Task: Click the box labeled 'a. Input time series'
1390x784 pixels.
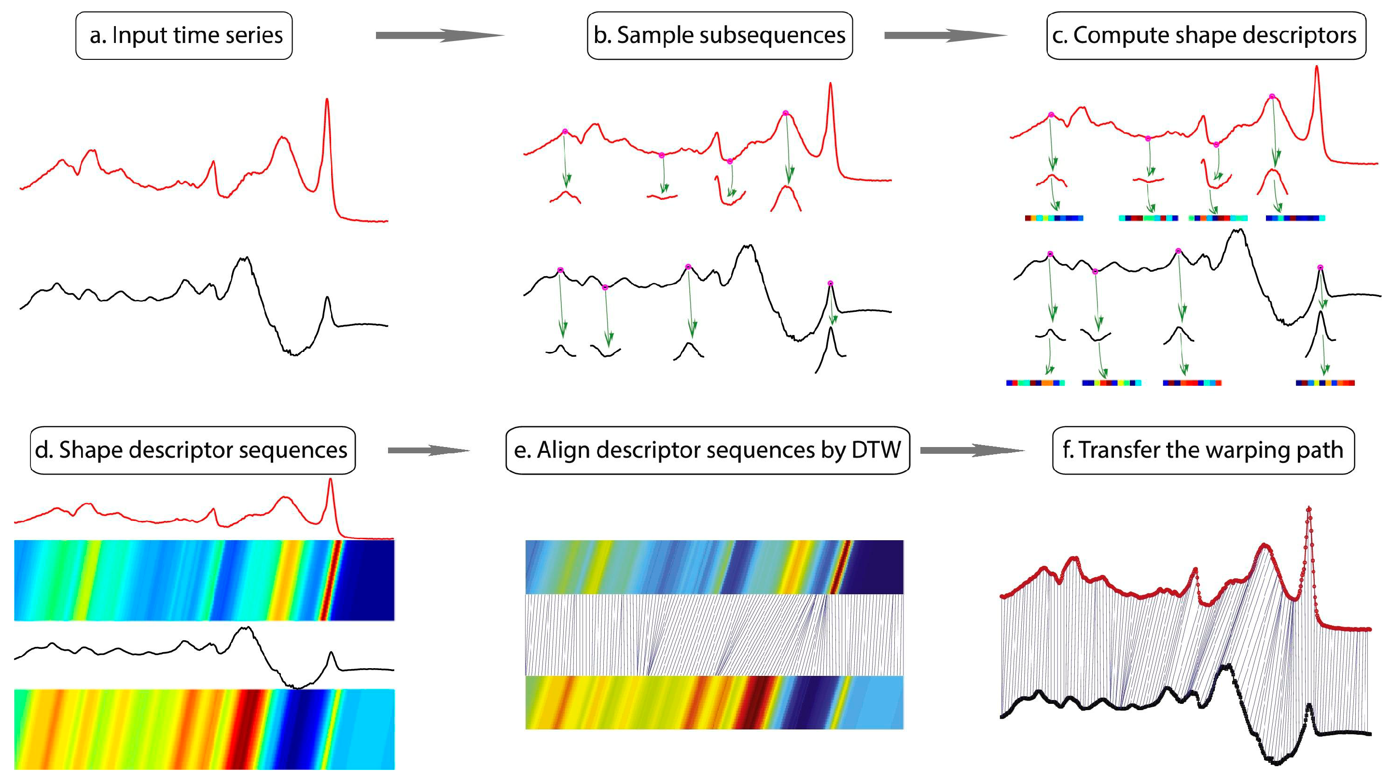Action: point(184,36)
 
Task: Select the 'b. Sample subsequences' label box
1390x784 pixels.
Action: point(719,36)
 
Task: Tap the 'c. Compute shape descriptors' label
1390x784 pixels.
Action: point(1206,36)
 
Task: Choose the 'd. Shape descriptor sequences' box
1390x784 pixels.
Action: point(193,450)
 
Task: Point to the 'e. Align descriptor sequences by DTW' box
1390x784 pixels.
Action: point(708,450)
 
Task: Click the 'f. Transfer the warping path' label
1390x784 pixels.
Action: point(1203,450)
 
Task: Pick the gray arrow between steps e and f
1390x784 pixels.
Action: point(971,450)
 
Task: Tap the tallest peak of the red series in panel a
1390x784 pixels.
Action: point(326,100)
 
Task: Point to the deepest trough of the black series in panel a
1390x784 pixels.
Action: point(294,354)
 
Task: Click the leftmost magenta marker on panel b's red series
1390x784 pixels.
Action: point(565,132)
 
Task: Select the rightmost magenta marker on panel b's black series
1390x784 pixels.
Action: point(831,283)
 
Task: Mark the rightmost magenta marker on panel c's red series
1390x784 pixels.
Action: point(1272,97)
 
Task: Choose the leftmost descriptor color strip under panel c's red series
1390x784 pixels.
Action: point(1054,218)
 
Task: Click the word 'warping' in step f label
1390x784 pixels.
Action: point(1248,450)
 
